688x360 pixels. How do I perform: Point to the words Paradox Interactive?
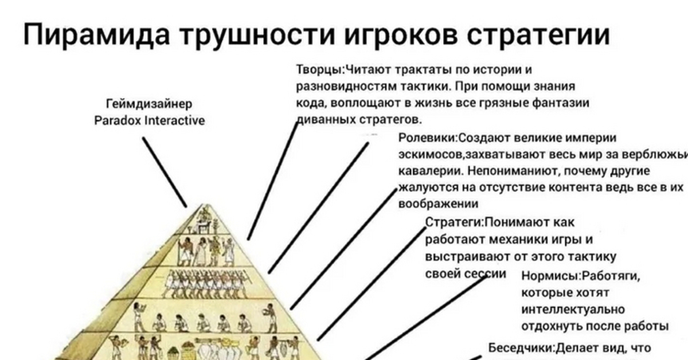tap(149, 121)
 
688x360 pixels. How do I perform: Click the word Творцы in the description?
tap(319, 69)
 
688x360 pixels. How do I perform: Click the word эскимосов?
tap(429, 155)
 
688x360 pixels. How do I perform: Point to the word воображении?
tap(438, 204)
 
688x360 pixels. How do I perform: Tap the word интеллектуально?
tap(565, 310)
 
